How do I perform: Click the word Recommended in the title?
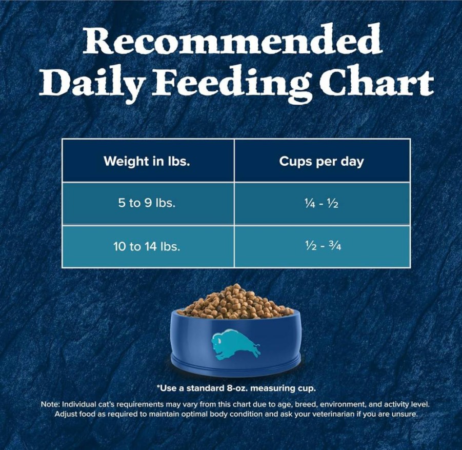pos(233,39)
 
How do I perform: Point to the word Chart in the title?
pos(376,80)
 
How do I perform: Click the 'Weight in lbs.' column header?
pos(147,161)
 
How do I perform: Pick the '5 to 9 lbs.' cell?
pos(147,203)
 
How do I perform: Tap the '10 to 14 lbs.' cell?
pos(147,246)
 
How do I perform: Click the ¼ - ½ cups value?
pos(322,204)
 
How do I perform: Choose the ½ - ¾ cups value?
pos(323,245)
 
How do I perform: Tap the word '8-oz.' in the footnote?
pos(237,388)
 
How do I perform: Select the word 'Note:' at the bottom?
pos(51,404)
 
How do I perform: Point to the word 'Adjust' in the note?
pos(65,414)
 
